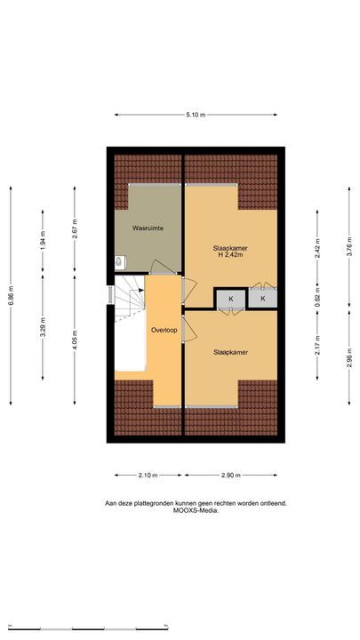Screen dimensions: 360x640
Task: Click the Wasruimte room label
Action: (148, 228)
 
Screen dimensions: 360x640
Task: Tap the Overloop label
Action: (164, 330)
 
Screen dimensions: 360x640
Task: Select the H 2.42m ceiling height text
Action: (230, 255)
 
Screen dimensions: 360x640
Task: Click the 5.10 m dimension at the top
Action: (196, 115)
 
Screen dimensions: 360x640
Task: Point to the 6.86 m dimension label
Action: (11, 294)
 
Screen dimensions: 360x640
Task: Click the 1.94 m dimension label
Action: (43, 240)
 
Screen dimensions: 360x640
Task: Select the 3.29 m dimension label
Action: (43, 327)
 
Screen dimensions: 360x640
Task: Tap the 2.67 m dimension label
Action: (75, 228)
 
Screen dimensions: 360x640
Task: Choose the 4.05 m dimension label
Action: (75, 340)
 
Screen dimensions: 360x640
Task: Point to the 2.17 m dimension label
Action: (317, 345)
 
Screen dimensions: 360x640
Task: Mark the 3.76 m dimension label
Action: (349, 247)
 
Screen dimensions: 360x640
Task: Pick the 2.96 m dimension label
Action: (349, 358)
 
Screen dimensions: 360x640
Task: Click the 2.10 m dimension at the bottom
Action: (148, 475)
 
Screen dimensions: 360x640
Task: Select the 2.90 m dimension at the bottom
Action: (230, 475)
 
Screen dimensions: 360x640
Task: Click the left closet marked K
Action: (231, 299)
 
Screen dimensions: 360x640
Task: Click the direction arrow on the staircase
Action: (140, 290)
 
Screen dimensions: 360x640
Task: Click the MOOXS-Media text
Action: (196, 510)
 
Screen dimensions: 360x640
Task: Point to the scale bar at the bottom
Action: (88, 628)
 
